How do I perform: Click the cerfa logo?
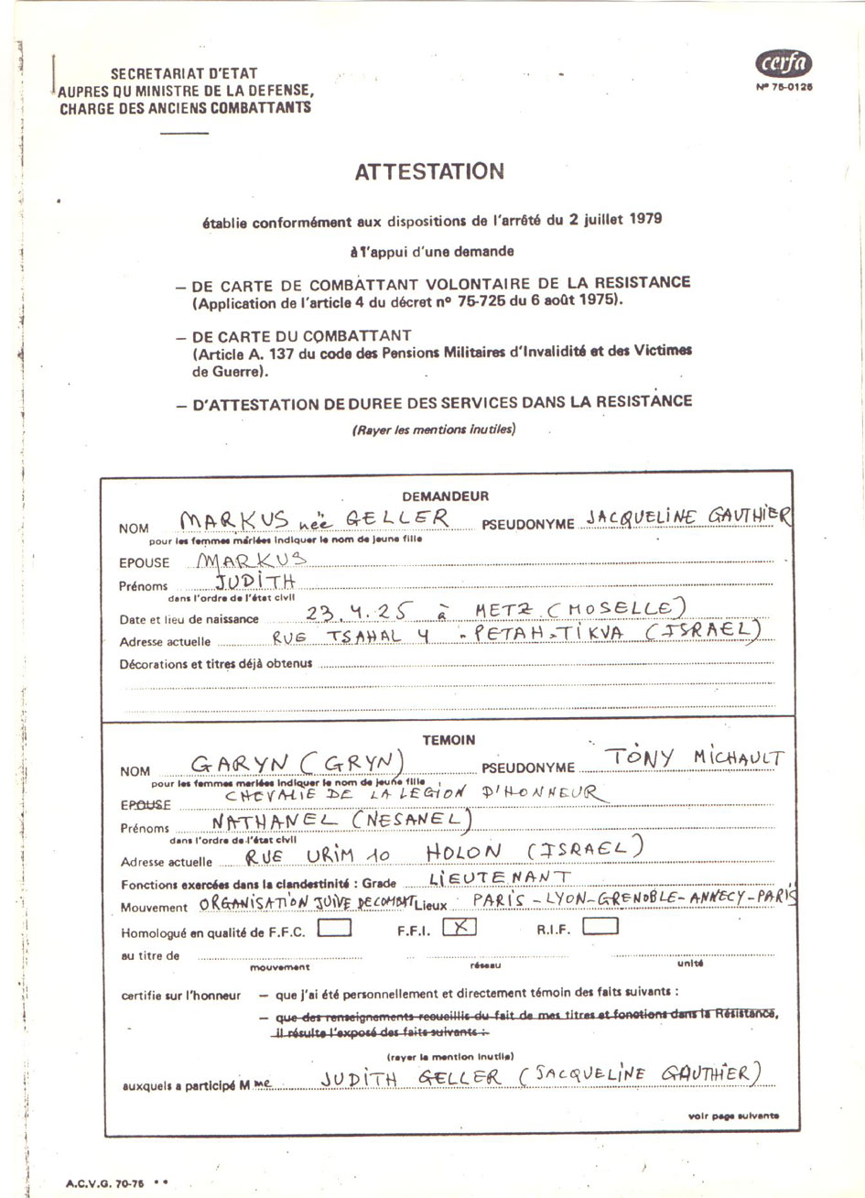pyautogui.click(x=784, y=63)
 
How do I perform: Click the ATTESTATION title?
pyautogui.click(x=428, y=171)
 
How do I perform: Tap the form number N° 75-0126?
pyautogui.click(x=784, y=87)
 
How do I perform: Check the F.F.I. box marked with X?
pyautogui.click(x=460, y=927)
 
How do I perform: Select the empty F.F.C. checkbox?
pyautogui.click(x=334, y=928)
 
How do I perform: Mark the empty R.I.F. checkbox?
pyautogui.click(x=600, y=927)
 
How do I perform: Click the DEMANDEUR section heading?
pyautogui.click(x=446, y=496)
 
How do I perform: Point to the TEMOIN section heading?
pyautogui.click(x=449, y=740)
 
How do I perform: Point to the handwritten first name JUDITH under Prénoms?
pyautogui.click(x=255, y=582)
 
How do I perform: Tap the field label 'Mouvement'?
pyautogui.click(x=154, y=908)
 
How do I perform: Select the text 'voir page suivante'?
pyautogui.click(x=733, y=1116)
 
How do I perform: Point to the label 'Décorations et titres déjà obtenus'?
pyautogui.click(x=216, y=663)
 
